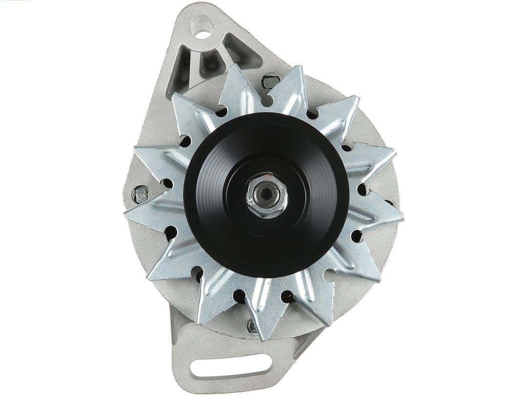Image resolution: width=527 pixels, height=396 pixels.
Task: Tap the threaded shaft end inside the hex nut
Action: pyautogui.click(x=266, y=194)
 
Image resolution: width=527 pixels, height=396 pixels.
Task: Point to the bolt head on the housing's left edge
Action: pyautogui.click(x=141, y=194)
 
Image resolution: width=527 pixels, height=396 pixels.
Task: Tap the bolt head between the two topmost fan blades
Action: pyautogui.click(x=270, y=80)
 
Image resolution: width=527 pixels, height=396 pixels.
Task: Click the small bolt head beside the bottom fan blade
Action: pyautogui.click(x=252, y=327)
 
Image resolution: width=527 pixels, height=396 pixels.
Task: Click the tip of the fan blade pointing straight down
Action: pyautogui.click(x=263, y=337)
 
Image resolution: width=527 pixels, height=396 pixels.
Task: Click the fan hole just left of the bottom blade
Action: pyautogui.click(x=239, y=296)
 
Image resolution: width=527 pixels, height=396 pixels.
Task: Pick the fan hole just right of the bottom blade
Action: pyautogui.click(x=288, y=296)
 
